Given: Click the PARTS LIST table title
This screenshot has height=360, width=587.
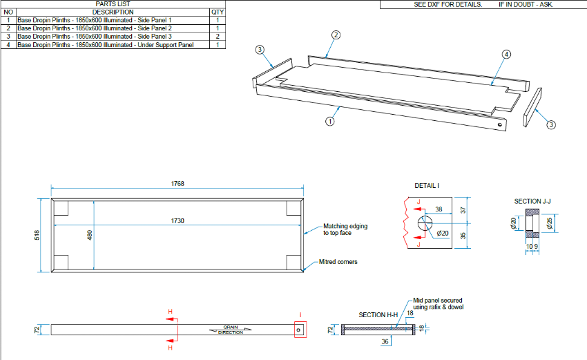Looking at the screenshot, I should point(113,4).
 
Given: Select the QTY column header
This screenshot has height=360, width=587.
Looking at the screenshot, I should point(217,12).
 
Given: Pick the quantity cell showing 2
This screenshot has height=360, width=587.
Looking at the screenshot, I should point(217,37).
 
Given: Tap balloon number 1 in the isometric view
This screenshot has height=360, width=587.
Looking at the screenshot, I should point(329,120).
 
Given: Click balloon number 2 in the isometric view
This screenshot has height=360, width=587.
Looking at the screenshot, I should point(336,35).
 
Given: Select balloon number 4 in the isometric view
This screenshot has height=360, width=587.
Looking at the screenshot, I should point(506,54).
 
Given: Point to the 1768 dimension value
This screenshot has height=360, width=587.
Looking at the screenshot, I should point(178,184).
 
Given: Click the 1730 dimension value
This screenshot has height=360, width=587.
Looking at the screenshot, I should point(178,220).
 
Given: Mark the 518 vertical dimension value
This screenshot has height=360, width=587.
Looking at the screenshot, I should point(40,235).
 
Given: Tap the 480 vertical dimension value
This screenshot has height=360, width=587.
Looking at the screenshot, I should point(89,235).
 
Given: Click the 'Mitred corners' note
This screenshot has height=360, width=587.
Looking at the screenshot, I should point(338,263).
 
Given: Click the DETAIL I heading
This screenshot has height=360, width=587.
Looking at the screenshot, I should point(427,186).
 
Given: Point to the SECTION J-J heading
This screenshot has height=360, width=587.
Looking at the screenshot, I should point(532,201).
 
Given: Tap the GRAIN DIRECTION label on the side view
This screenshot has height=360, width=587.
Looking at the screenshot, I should point(230,330).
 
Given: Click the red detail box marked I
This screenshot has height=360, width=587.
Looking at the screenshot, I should point(299,330).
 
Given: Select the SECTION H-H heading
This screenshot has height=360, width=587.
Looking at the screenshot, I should point(378,315).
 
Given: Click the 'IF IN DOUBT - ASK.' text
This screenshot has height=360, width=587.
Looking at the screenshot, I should point(526,4).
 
